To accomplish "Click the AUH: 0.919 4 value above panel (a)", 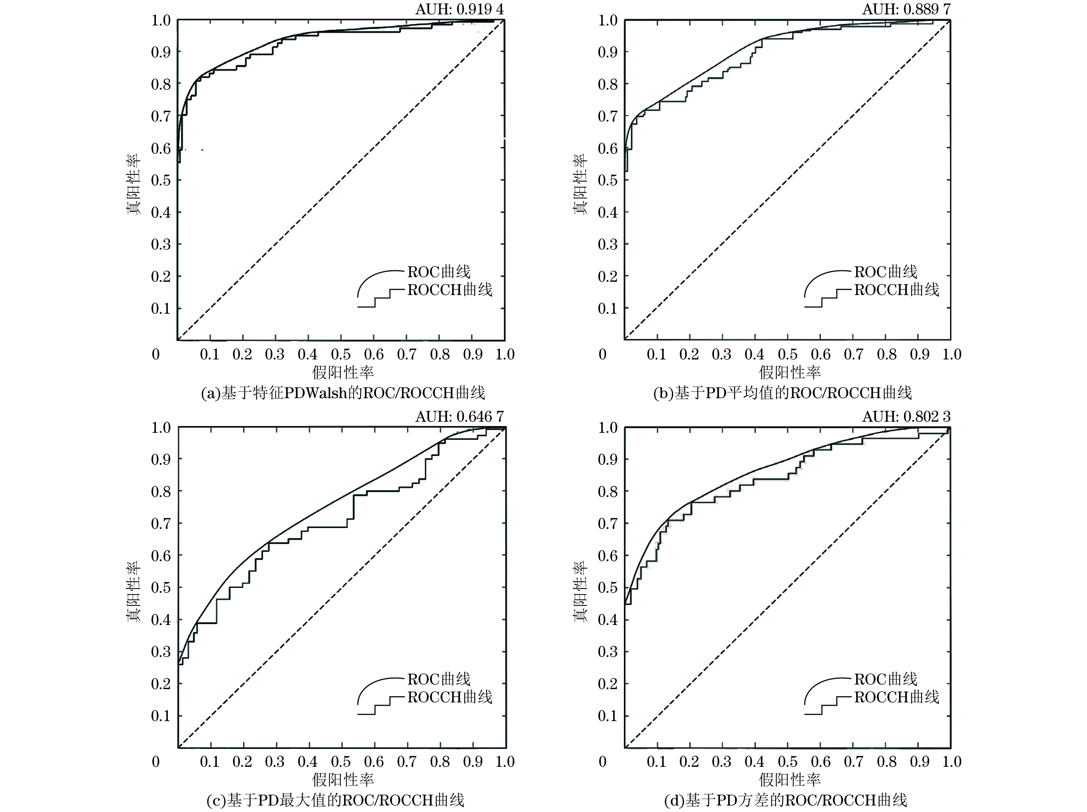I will (x=460, y=9).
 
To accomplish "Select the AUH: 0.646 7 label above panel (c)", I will (x=460, y=417).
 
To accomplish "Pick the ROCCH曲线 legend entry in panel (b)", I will (x=896, y=290).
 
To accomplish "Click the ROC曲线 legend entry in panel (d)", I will (x=886, y=679).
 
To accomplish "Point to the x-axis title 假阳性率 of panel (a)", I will (x=343, y=372).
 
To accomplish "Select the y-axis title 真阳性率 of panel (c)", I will (x=134, y=592).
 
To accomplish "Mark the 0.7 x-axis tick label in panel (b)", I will (x=854, y=354).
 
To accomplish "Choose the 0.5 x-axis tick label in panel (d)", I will (x=788, y=762).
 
